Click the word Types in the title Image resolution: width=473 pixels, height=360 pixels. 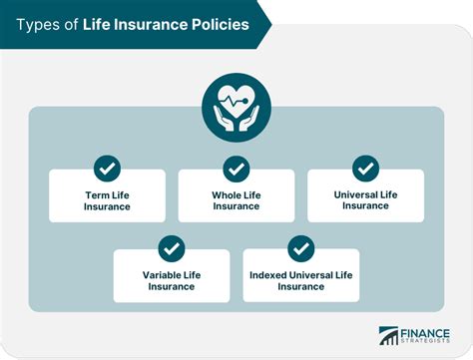tap(39, 23)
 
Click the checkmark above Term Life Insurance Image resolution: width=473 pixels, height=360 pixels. tap(107, 169)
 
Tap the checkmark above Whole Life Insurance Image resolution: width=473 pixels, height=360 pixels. tap(236, 169)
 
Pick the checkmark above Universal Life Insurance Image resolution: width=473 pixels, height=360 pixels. tap(365, 169)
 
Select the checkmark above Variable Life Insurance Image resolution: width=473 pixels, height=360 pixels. tap(172, 248)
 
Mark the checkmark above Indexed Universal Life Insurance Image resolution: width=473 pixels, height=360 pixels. tap(300, 248)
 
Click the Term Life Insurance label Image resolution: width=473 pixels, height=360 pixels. tap(107, 200)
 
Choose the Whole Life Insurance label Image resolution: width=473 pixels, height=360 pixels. tap(236, 200)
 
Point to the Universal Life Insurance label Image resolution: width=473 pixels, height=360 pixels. tap(365, 199)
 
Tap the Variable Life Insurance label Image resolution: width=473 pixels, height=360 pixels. tap(172, 280)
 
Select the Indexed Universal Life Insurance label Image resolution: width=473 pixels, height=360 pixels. tap(300, 280)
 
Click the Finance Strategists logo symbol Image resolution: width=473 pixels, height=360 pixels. tap(388, 336)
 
